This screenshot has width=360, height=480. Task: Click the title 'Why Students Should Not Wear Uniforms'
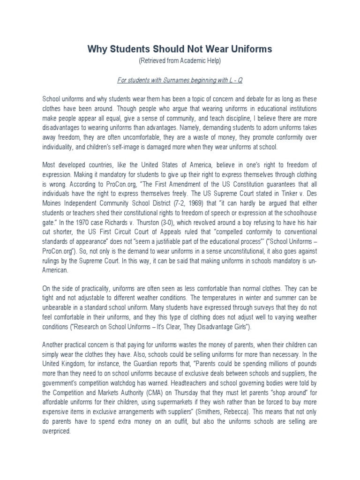[x=180, y=49]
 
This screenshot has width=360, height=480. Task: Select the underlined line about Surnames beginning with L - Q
[x=180, y=80]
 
